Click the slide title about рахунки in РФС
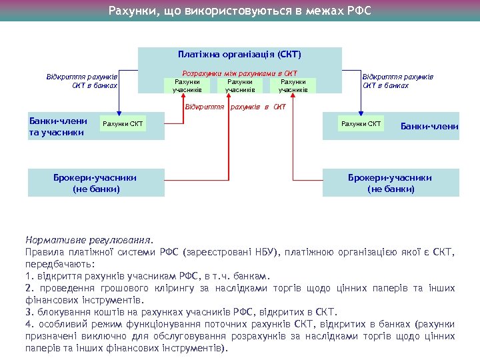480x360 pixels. click(x=240, y=11)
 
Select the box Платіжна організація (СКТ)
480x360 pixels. click(x=239, y=54)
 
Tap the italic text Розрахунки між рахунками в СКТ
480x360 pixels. click(x=239, y=73)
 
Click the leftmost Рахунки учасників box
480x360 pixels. click(x=187, y=85)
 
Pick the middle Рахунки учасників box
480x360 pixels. click(x=240, y=85)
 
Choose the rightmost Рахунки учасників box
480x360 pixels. click(x=293, y=85)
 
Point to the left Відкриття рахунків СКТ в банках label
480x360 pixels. click(x=83, y=81)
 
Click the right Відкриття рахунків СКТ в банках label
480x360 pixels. click(x=397, y=81)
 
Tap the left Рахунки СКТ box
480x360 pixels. click(x=123, y=124)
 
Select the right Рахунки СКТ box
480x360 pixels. click(x=361, y=124)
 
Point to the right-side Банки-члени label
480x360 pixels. click(x=429, y=126)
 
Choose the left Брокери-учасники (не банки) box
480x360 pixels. click(x=96, y=183)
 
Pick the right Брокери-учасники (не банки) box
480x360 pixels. click(x=390, y=183)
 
